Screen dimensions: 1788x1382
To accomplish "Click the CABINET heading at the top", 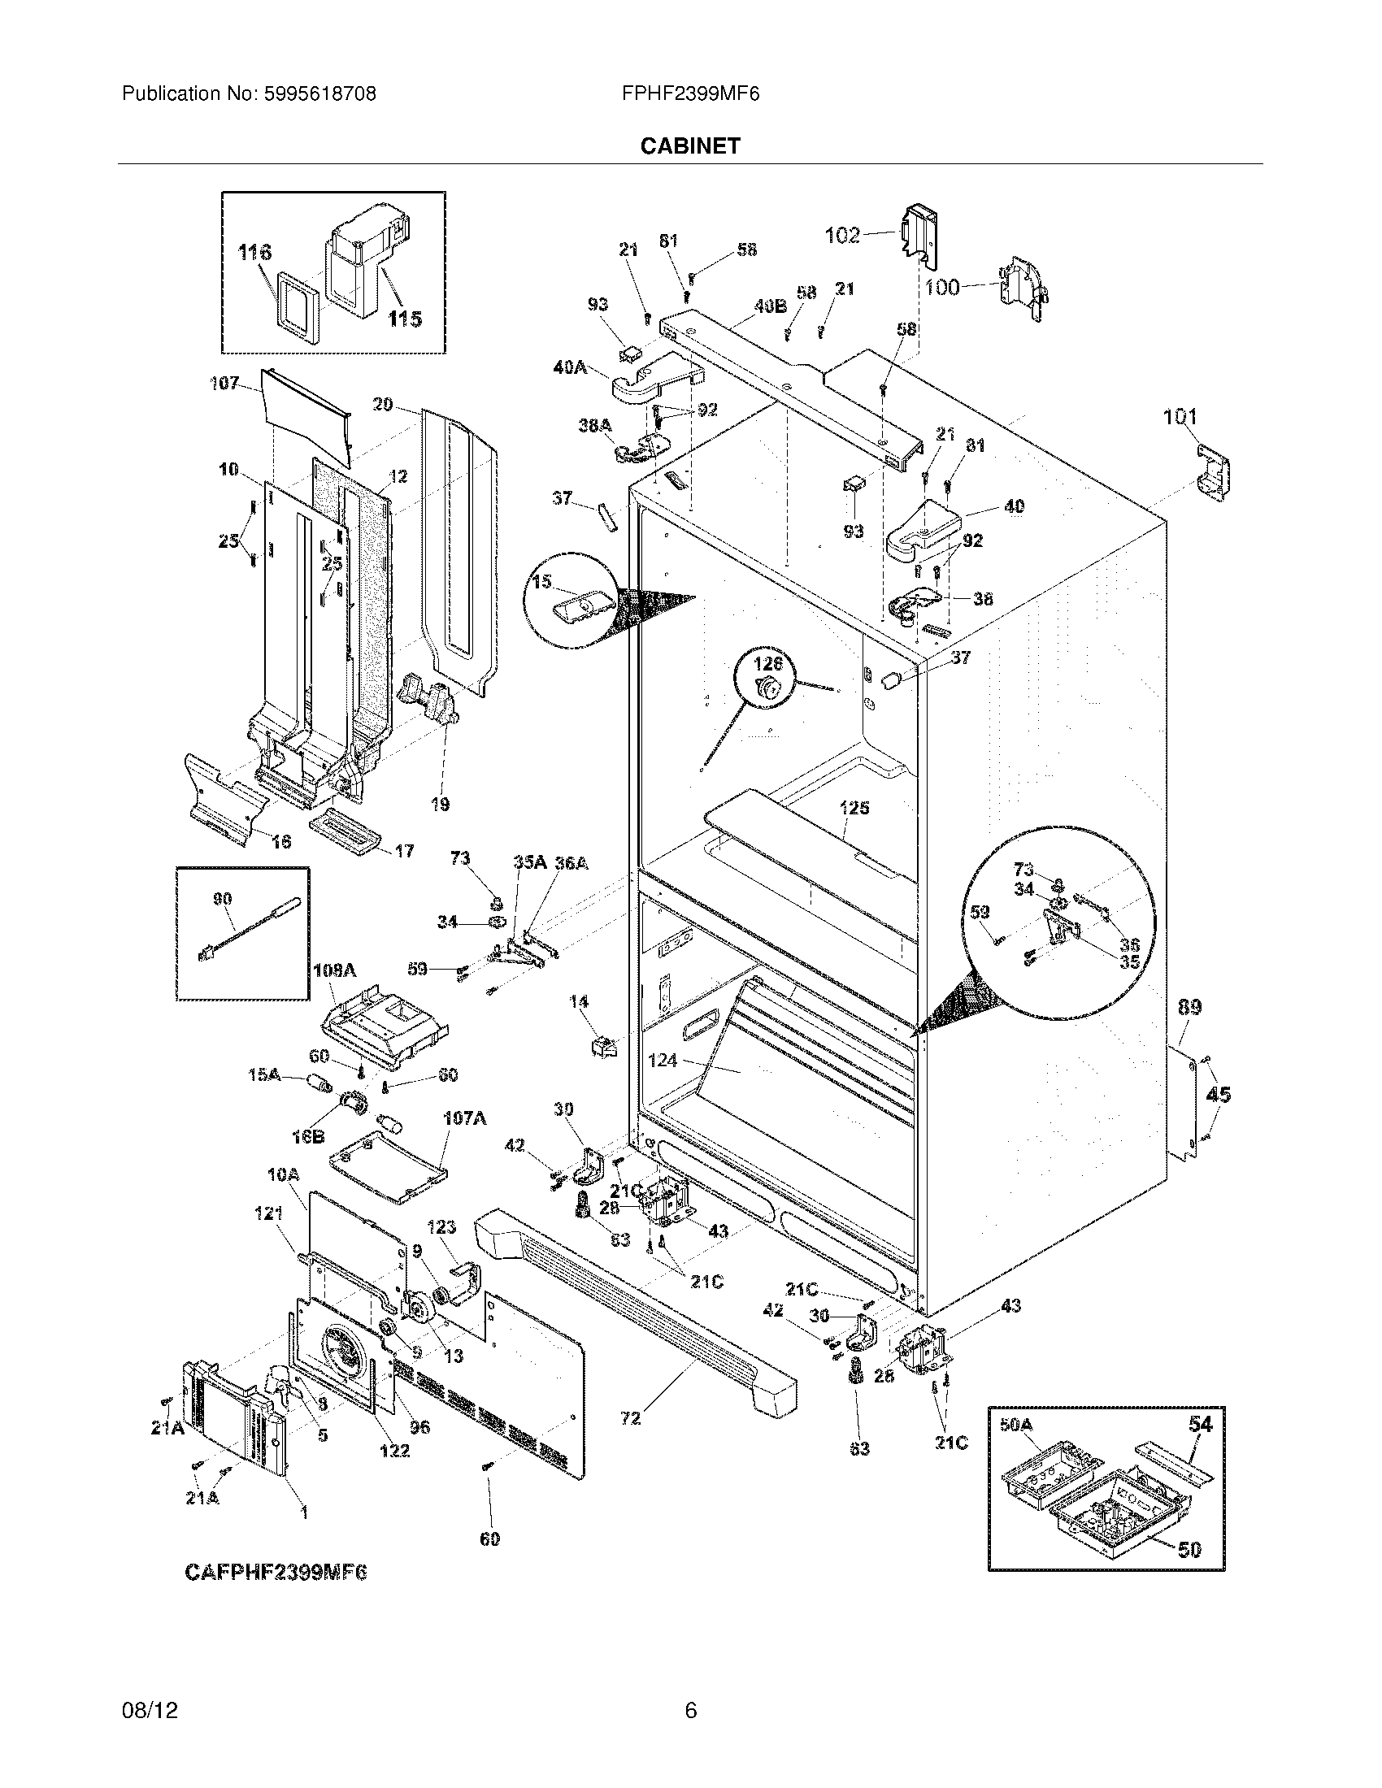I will (x=689, y=145).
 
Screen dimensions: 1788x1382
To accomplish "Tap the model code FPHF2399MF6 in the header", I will (x=690, y=94).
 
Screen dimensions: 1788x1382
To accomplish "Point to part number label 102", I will (x=841, y=236).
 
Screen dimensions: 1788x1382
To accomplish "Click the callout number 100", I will (x=942, y=288).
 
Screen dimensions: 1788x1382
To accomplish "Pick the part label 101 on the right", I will (x=1180, y=418).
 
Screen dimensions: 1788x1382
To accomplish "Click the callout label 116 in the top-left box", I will (x=254, y=252).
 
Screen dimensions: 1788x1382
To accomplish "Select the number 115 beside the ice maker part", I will (x=405, y=319).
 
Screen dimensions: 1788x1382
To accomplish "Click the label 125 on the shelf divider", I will (x=854, y=808).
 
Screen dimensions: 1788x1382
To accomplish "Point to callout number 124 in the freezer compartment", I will (x=663, y=1060).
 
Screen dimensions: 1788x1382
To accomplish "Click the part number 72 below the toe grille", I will (x=630, y=1418).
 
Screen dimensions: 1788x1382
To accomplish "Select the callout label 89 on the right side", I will (x=1189, y=1007).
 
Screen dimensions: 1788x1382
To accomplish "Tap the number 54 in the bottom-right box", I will (x=1200, y=1424).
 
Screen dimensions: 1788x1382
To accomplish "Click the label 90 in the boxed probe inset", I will (x=222, y=899).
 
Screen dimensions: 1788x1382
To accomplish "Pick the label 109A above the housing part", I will (x=334, y=970).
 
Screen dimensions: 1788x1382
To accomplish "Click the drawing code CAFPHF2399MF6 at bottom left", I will (x=276, y=1573).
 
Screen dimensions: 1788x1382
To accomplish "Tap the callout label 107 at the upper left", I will (x=224, y=382).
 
